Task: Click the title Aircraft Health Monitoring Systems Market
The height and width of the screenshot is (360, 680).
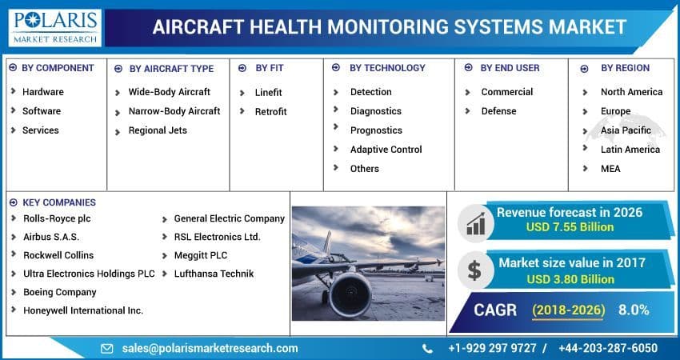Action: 389,26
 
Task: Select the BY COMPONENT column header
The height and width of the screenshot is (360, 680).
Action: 58,68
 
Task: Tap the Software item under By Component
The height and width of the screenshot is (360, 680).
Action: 42,111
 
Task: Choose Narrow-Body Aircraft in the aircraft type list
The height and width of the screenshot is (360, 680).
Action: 174,111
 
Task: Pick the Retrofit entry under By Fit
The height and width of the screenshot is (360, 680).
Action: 270,112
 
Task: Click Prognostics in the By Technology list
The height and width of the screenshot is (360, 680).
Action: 376,130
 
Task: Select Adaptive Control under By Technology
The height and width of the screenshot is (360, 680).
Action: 386,150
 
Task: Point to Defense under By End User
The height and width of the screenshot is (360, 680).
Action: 498,111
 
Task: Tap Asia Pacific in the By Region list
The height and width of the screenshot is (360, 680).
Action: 626,130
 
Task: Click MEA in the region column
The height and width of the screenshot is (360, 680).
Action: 610,169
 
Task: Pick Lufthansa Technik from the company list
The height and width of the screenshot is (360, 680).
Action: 214,274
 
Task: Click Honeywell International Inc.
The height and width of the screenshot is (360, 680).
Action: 83,310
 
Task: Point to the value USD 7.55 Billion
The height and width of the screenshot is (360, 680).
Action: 570,227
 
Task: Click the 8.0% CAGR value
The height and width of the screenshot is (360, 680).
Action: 633,310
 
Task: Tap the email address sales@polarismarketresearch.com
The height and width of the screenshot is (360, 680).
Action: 210,348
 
